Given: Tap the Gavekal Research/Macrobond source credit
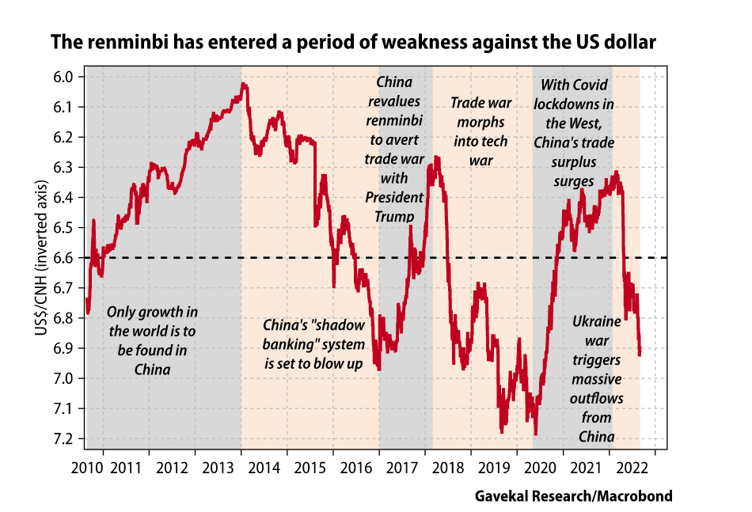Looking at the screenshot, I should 574,496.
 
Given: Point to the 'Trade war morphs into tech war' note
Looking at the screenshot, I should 480,131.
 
